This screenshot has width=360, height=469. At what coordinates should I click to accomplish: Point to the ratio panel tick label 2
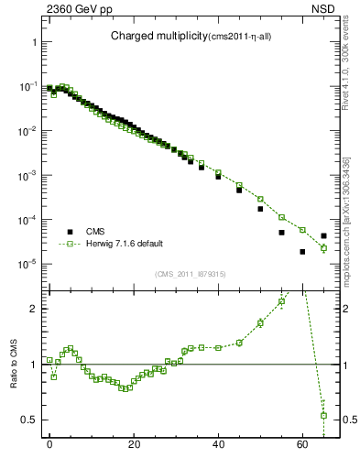coord(33,309)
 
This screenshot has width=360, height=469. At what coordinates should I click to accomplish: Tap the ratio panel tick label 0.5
coord(28,420)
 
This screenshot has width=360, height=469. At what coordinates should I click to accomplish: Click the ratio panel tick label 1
coord(33,365)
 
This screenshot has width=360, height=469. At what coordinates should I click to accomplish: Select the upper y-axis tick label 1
coord(33,42)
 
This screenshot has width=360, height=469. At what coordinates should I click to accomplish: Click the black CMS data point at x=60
coord(302,252)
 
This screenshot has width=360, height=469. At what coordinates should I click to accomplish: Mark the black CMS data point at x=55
coord(281,233)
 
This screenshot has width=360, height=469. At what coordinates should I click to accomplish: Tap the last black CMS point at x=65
coord(323,235)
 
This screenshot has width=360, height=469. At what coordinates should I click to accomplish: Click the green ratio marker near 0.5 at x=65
coord(323,416)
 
